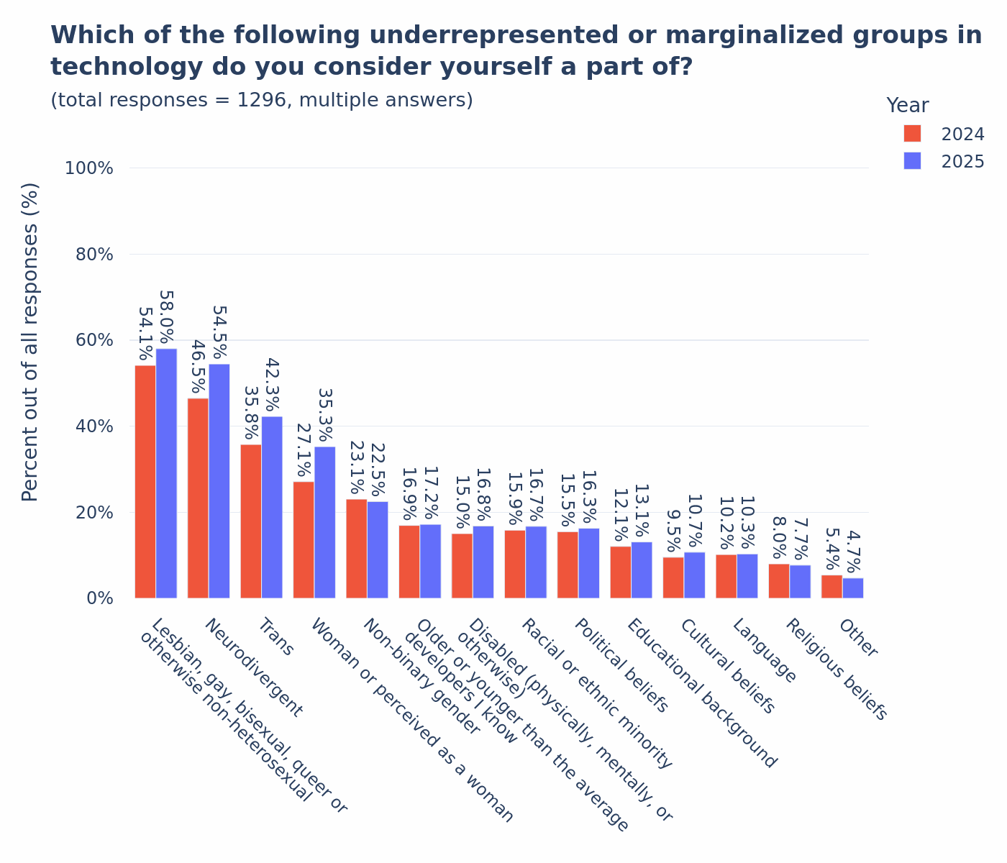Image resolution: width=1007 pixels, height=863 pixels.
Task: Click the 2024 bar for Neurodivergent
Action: (x=198, y=498)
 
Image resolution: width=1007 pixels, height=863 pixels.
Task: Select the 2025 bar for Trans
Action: (x=272, y=507)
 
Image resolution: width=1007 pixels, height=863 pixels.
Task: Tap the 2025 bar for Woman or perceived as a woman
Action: (x=325, y=522)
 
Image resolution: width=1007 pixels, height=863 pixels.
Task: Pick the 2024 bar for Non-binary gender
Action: (x=357, y=549)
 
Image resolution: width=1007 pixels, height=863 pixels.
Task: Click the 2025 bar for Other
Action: (x=853, y=588)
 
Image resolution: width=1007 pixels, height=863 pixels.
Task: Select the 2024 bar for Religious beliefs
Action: (x=779, y=581)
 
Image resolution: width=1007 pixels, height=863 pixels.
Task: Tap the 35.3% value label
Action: (x=325, y=416)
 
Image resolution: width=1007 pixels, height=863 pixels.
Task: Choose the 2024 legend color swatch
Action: (x=912, y=134)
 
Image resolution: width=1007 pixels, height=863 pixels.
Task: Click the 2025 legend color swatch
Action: (x=912, y=161)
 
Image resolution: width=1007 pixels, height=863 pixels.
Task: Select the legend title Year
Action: (x=907, y=106)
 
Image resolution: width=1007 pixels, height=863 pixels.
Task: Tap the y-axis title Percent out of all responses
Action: (x=30, y=342)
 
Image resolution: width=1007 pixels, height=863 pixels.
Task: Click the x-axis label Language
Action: (x=764, y=652)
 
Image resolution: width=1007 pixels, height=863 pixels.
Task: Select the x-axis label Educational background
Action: (x=701, y=693)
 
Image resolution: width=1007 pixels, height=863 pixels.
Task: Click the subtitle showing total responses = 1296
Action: (x=262, y=101)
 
